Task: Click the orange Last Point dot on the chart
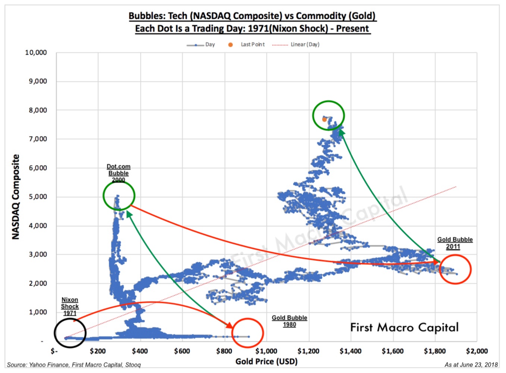(x=324, y=118)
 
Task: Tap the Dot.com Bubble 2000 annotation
(x=119, y=174)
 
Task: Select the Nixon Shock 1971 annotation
(x=70, y=306)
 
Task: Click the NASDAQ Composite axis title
(x=17, y=197)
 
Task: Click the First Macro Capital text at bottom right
(x=405, y=327)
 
